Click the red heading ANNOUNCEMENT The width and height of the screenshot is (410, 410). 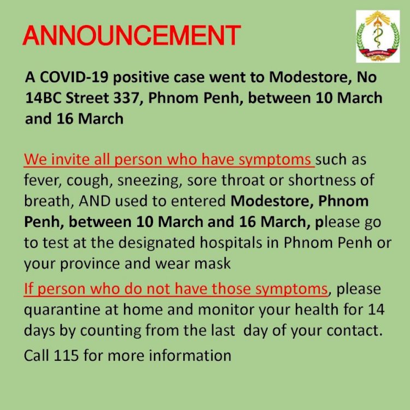pos(132,36)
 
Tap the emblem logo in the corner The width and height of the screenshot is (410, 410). pos(378,36)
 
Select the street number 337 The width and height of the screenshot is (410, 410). pos(128,98)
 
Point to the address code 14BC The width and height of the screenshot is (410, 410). pos(43,98)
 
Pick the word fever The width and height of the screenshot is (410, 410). pos(43,180)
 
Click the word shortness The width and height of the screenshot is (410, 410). pos(322,180)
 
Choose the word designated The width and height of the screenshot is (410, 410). pos(157,243)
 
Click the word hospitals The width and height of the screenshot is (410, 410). pos(231,243)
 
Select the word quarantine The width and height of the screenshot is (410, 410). pos(62,310)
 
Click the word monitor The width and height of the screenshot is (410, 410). pos(226,309)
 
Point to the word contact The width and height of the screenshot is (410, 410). pos(354,331)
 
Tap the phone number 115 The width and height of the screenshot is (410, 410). pos(66,356)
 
